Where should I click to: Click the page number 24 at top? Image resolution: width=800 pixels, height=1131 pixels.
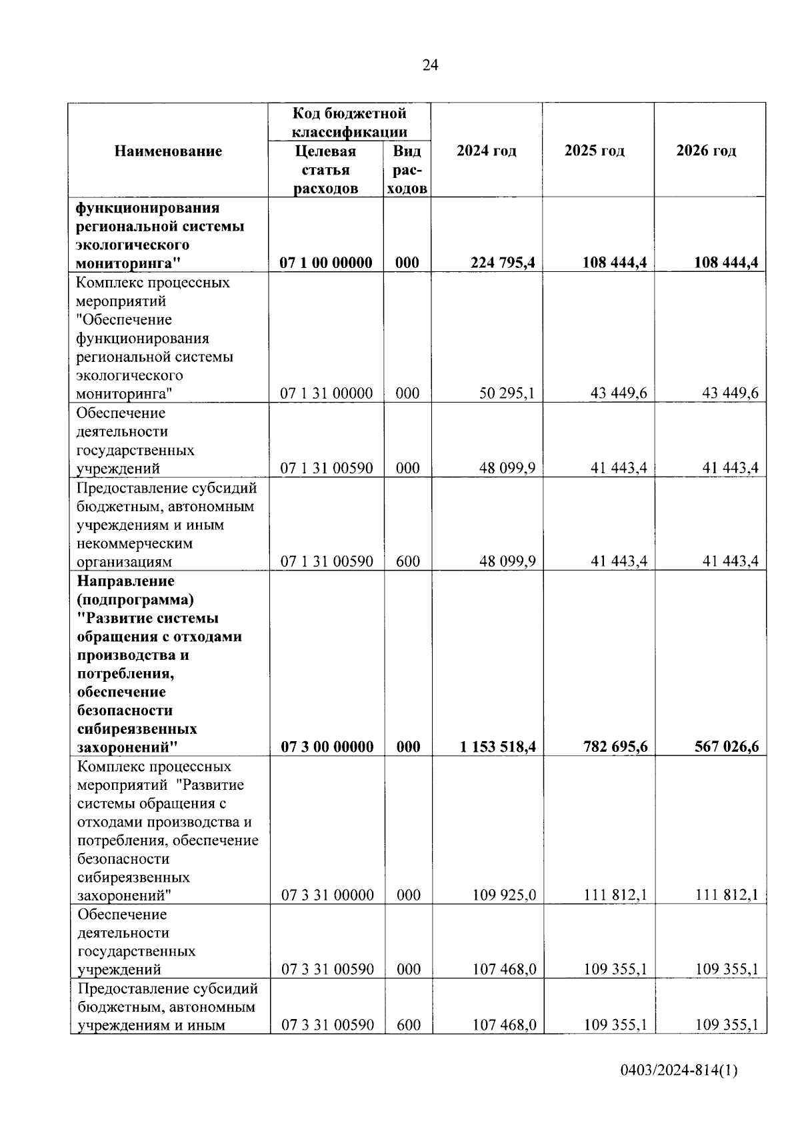coord(430,65)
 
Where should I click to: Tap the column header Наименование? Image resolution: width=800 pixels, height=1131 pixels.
coord(168,151)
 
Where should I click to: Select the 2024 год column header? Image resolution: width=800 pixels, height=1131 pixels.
coord(486,151)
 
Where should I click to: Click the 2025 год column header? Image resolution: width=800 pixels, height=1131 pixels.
coord(595,151)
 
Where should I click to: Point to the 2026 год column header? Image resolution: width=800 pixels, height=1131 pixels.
coord(706,151)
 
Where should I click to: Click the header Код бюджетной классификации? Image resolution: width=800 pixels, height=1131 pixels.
coord(349,123)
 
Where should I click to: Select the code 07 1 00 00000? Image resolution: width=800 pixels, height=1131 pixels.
coord(326,263)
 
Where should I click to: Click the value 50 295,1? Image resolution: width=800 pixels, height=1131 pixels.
coord(507,393)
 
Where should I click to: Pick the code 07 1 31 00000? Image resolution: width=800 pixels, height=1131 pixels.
coord(326,393)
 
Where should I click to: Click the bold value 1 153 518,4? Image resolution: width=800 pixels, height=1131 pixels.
coord(498,746)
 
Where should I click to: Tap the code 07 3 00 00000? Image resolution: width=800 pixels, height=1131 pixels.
coord(327,746)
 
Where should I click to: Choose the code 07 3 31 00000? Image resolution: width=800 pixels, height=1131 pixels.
coord(327,895)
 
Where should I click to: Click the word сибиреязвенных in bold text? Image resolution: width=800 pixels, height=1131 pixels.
coord(137,728)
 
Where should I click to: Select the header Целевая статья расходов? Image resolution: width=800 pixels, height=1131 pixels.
coord(325,170)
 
